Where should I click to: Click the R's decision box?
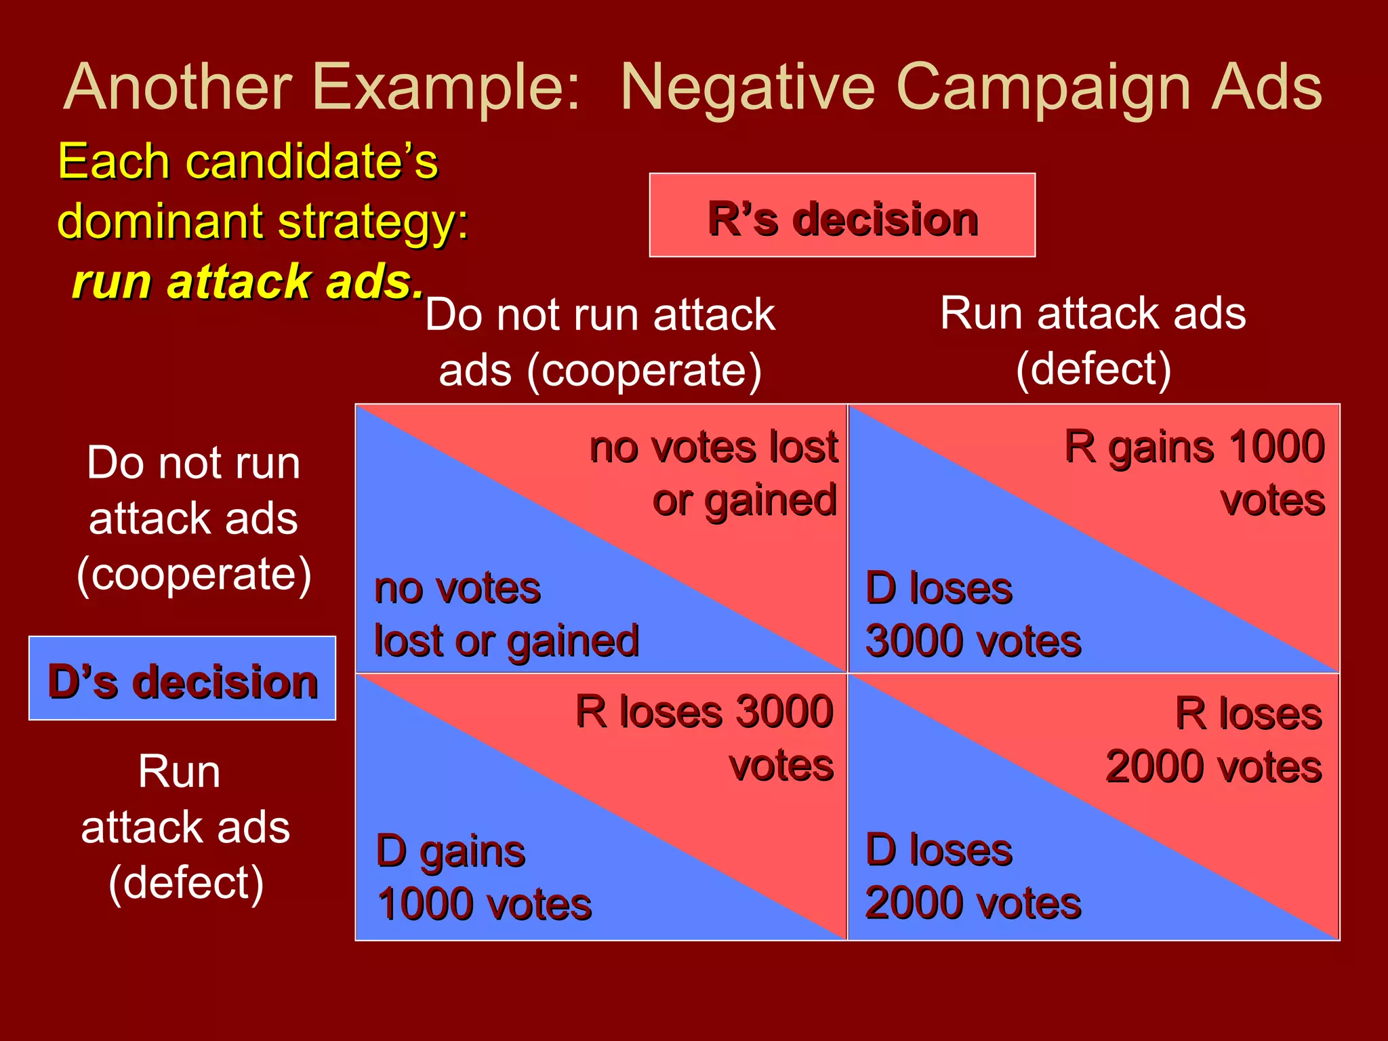pyautogui.click(x=842, y=216)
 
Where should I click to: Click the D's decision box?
pyautogui.click(x=182, y=678)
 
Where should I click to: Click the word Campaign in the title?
pyautogui.click(x=1043, y=88)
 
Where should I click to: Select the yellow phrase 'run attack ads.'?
pyautogui.click(x=248, y=281)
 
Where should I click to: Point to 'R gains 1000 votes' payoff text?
pyautogui.click(x=1194, y=472)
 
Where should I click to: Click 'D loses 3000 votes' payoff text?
pyautogui.click(x=973, y=614)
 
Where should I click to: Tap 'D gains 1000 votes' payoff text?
pyautogui.click(x=484, y=877)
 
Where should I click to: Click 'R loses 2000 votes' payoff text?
pyautogui.click(x=1214, y=739)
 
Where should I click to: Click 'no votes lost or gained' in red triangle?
pyautogui.click(x=714, y=472)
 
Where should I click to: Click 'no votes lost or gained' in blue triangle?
pyautogui.click(x=506, y=614)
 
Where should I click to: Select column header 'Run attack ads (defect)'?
pyautogui.click(x=1093, y=341)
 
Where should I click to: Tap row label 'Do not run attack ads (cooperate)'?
pyautogui.click(x=193, y=518)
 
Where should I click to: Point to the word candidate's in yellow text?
pyautogui.click(x=312, y=161)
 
